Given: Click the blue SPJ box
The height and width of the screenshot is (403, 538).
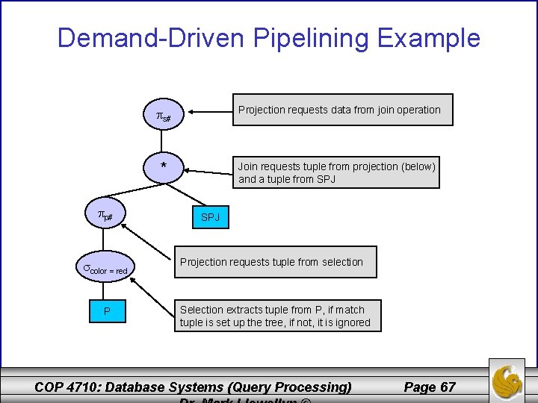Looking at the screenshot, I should pyautogui.click(x=209, y=218).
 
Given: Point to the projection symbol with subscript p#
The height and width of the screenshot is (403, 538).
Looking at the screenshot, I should pyautogui.click(x=105, y=216).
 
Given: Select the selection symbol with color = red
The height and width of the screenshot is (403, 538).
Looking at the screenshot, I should pyautogui.click(x=105, y=269).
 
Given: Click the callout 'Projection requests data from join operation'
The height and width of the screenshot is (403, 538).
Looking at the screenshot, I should pyautogui.click(x=339, y=110).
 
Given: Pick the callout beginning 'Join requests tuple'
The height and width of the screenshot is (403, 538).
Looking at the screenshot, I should pyautogui.click(x=336, y=172).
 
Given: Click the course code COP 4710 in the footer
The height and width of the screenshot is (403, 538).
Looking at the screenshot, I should pyautogui.click(x=67, y=387).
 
